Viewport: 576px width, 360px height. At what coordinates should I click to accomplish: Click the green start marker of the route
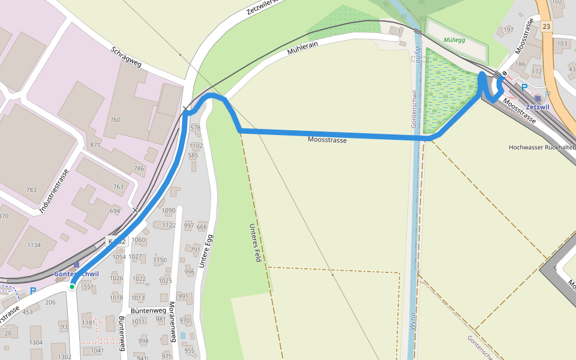(71, 287)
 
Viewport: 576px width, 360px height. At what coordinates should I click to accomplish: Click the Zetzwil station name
(537, 107)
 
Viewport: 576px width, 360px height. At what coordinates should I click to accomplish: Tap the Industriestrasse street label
(54, 191)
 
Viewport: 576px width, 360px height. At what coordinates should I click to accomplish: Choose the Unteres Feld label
(257, 242)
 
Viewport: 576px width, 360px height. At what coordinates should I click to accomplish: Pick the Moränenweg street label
(172, 323)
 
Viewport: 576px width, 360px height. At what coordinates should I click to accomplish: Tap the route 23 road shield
(545, 26)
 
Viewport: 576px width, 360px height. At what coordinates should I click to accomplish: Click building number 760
(115, 120)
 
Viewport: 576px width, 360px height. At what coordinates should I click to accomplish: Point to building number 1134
(34, 245)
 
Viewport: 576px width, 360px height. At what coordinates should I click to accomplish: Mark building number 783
(31, 190)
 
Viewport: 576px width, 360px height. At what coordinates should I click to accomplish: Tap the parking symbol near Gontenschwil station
(33, 291)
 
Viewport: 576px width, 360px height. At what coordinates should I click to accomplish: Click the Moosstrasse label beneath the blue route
(327, 140)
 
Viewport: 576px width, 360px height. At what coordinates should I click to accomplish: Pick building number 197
(509, 30)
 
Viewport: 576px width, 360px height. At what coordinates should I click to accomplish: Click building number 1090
(169, 211)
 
